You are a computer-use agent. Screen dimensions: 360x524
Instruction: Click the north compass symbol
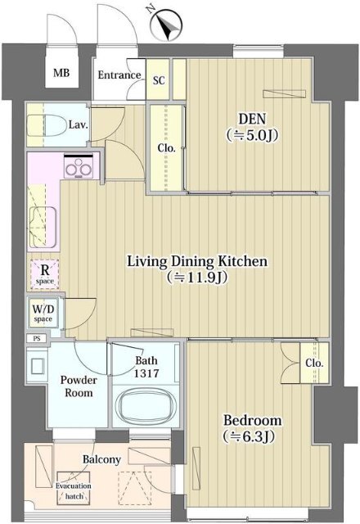166,25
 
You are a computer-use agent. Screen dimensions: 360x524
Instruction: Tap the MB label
61,73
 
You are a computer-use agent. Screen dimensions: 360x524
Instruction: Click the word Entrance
119,75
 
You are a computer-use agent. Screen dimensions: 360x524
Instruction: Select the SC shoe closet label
159,80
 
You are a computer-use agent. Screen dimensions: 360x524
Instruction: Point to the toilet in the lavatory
47,125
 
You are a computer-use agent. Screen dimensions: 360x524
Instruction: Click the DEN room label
252,119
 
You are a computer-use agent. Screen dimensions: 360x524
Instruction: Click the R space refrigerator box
45,274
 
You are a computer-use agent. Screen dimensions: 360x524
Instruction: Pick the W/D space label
43,313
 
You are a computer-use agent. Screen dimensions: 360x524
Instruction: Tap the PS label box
37,338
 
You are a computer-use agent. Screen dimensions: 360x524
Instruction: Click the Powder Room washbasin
37,366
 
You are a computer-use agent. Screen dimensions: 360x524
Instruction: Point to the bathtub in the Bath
145,407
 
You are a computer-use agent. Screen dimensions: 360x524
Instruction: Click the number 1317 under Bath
146,373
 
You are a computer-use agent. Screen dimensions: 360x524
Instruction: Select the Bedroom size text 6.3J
250,436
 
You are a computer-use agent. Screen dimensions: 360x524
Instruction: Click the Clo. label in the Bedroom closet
314,364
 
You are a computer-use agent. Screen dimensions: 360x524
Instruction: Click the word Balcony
101,459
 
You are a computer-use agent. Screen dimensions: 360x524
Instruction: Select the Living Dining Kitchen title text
197,261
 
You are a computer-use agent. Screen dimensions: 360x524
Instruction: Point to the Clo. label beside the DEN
167,148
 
